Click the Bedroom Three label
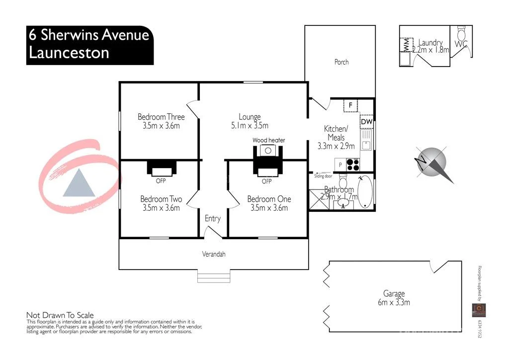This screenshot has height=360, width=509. point(161,117)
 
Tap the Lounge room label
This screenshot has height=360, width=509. point(250,117)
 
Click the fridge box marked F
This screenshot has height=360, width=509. point(350,105)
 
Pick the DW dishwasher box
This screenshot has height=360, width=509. point(366,122)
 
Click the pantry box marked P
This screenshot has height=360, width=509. point(340,165)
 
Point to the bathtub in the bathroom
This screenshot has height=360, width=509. point(365,192)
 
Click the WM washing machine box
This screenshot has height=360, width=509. point(406,45)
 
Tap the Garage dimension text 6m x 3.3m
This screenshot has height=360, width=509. point(393,302)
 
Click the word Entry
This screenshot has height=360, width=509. point(213,218)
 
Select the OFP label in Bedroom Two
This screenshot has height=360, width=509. point(161,180)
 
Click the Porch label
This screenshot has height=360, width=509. point(341,62)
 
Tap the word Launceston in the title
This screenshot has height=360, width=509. point(69,53)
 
